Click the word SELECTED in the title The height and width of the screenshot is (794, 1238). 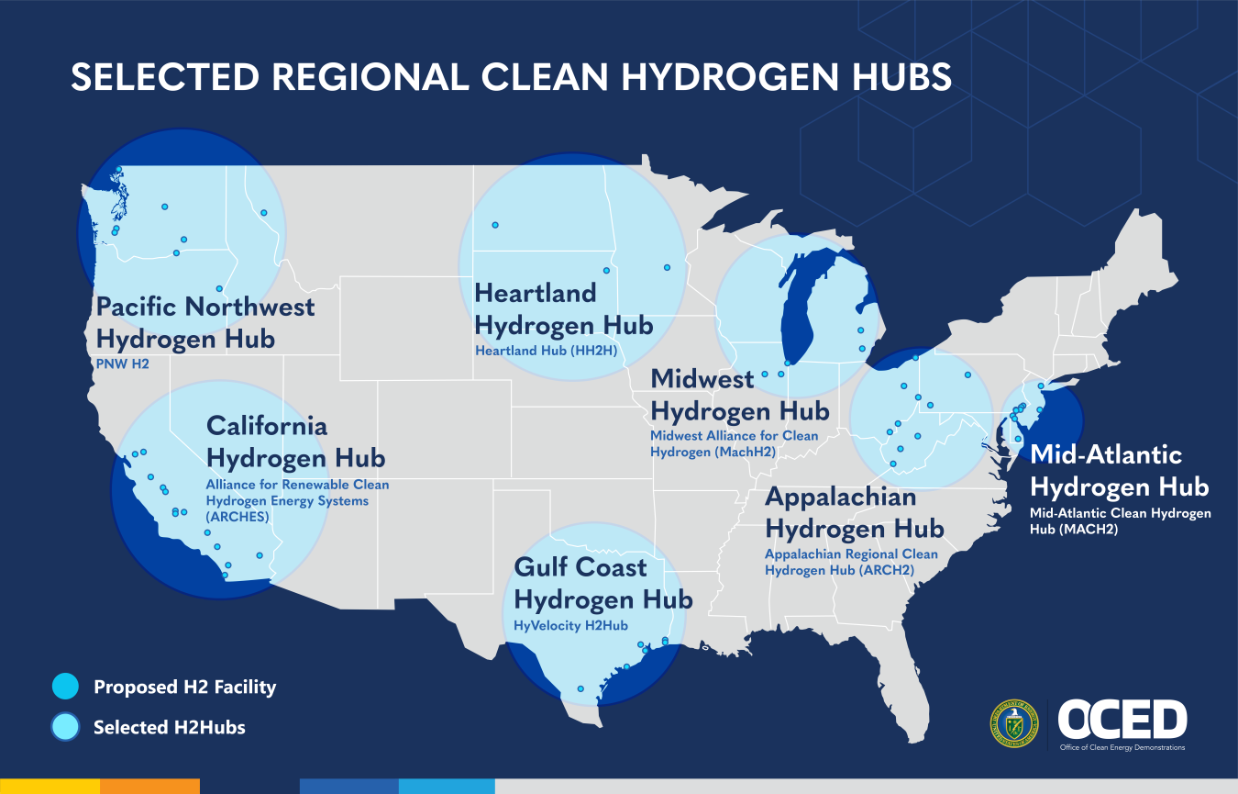tap(165, 77)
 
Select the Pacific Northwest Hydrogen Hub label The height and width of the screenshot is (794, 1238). tap(204, 322)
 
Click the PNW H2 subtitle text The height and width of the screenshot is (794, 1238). tap(122, 364)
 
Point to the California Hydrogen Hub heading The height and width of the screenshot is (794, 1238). tap(295, 442)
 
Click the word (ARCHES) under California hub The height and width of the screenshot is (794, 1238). tap(238, 517)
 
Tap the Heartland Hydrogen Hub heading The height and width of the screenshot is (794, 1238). tap(563, 309)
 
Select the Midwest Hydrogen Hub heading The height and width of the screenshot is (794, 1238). tap(739, 395)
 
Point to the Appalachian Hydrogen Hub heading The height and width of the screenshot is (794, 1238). tap(854, 513)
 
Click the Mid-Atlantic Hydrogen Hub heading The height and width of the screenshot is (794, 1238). tap(1119, 470)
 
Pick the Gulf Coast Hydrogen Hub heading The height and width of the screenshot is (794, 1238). tap(602, 584)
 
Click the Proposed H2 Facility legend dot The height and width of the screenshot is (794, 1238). tap(66, 687)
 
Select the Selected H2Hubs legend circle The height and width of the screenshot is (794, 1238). tap(66, 727)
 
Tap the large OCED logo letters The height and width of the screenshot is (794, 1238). tap(1122, 720)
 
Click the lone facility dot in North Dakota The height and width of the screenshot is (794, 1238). tap(495, 225)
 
